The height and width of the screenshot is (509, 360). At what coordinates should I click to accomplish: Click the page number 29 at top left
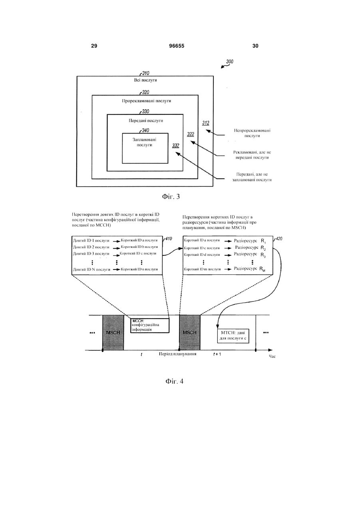click(94, 46)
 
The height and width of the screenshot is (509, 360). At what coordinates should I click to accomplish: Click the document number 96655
click(177, 46)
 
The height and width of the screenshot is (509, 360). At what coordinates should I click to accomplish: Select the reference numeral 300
click(230, 62)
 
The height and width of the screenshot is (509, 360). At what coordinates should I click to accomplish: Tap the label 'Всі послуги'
click(145, 80)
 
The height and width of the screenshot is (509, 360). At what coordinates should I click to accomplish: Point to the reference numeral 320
click(145, 92)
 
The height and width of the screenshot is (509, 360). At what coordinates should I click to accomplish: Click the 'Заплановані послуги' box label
click(145, 142)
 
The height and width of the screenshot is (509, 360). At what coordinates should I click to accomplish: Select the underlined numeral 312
click(205, 123)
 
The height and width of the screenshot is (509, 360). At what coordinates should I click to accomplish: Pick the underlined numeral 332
click(175, 146)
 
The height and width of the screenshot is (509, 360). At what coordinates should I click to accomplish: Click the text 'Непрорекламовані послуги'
click(252, 133)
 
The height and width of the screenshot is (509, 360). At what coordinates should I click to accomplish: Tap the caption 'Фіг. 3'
click(171, 197)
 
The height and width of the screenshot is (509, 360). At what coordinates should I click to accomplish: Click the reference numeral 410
click(168, 239)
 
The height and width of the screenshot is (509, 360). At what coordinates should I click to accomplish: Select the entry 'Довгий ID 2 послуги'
click(91, 247)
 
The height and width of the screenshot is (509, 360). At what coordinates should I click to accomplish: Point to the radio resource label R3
click(263, 255)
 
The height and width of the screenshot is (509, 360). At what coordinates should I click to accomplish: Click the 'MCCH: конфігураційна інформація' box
click(150, 325)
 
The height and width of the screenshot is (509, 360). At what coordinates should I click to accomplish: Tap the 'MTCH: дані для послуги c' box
click(233, 336)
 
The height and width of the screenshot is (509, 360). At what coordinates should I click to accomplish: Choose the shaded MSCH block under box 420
click(190, 332)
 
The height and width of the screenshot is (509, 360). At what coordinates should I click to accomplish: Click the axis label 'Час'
click(272, 356)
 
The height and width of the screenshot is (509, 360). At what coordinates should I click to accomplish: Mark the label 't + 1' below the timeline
click(217, 354)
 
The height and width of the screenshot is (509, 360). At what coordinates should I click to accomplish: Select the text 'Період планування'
click(178, 354)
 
